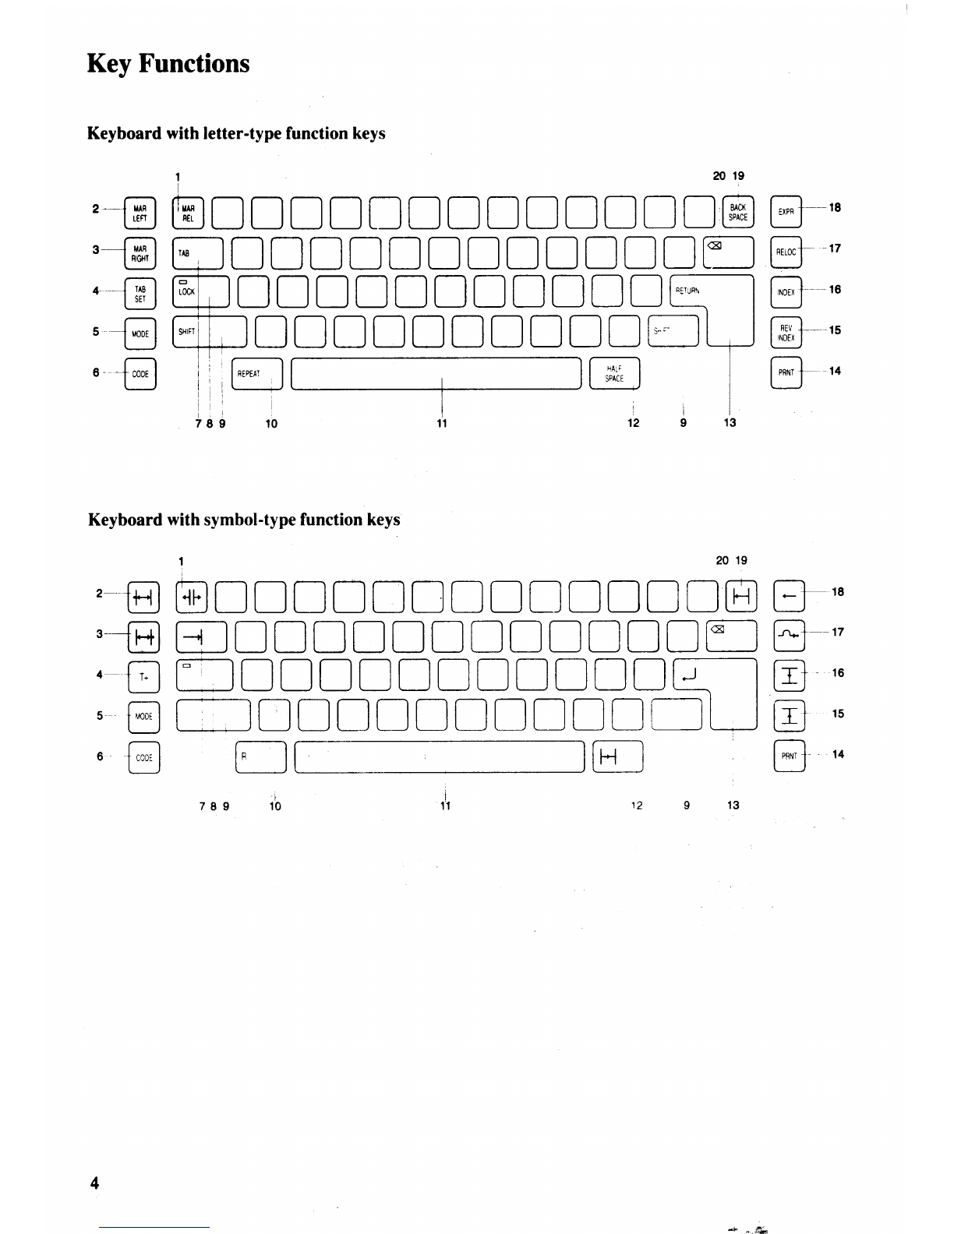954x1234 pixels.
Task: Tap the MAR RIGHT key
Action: point(140,253)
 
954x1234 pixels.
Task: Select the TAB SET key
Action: point(140,294)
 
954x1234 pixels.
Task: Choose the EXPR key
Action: point(786,212)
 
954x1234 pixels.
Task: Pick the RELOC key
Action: point(786,252)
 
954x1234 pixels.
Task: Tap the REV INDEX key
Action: point(786,333)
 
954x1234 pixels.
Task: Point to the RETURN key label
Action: point(687,291)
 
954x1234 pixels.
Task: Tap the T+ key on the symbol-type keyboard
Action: point(144,677)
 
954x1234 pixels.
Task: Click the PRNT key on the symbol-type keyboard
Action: point(789,756)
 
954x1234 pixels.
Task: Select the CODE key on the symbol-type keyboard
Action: point(144,757)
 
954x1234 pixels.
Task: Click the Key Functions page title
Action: point(168,63)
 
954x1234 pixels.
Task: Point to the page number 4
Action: point(94,1183)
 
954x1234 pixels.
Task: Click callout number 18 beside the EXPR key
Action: point(835,208)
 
